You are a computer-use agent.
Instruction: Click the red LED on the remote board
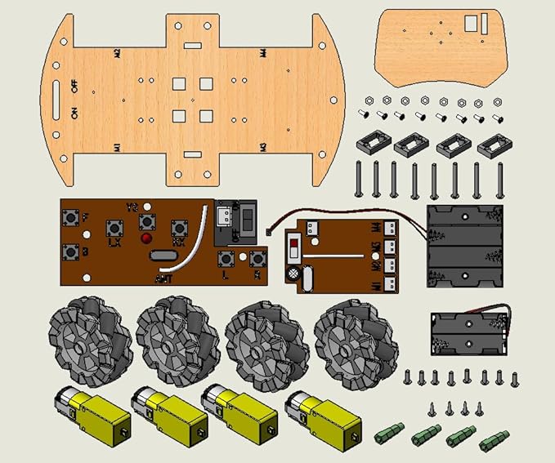(x=146, y=238)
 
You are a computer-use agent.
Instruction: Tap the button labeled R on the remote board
(x=259, y=260)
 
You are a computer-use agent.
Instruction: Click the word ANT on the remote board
(x=163, y=278)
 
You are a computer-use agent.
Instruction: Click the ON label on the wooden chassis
(x=74, y=113)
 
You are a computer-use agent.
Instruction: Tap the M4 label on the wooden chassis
(x=263, y=54)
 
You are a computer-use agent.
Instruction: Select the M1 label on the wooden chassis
(x=118, y=149)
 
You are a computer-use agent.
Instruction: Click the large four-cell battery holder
(x=463, y=244)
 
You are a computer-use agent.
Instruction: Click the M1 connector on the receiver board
(x=389, y=283)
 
